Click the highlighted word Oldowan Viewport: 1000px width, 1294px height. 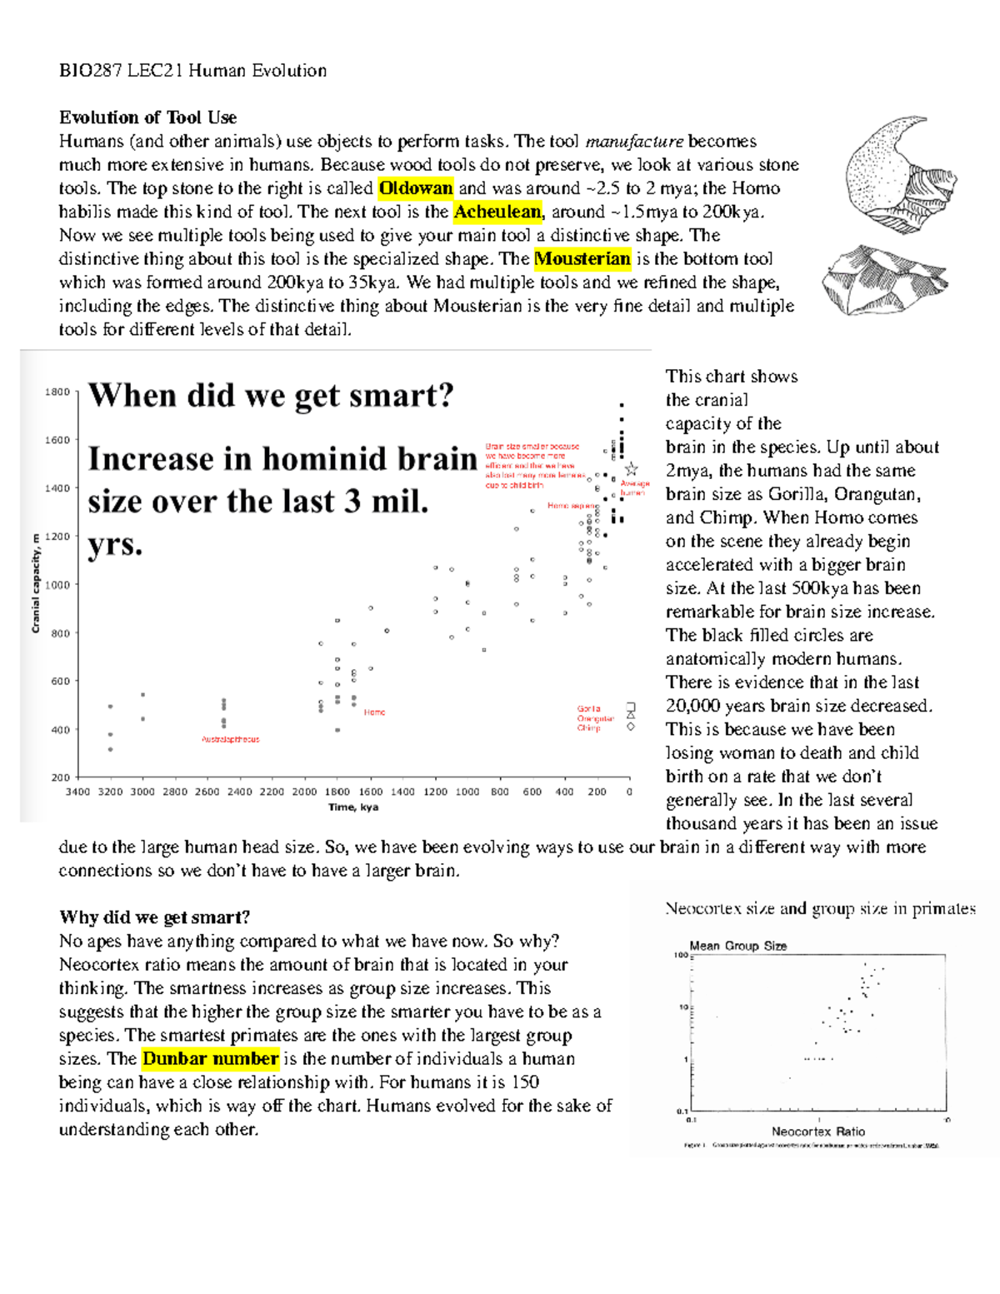click(x=415, y=188)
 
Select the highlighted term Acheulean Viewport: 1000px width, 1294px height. click(x=497, y=212)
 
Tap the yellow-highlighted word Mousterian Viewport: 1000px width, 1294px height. click(x=582, y=259)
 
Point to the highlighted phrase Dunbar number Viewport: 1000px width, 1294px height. click(x=210, y=1059)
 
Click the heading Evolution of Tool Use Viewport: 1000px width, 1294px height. click(x=147, y=117)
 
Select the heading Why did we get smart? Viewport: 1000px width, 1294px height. click(x=154, y=917)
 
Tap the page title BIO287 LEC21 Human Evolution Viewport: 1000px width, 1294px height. click(x=192, y=71)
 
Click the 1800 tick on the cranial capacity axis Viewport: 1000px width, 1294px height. click(x=57, y=392)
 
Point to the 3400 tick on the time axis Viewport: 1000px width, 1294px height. click(x=77, y=792)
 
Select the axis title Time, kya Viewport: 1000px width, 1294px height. click(x=353, y=807)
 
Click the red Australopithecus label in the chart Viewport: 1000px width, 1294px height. click(x=230, y=739)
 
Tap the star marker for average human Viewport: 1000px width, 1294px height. click(x=631, y=469)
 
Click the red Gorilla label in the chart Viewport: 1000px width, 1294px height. click(x=588, y=708)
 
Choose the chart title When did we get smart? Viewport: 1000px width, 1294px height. click(x=271, y=395)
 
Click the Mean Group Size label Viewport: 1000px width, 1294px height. click(x=737, y=946)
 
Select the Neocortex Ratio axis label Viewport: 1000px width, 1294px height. click(x=817, y=1132)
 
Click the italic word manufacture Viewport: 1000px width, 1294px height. click(x=634, y=142)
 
